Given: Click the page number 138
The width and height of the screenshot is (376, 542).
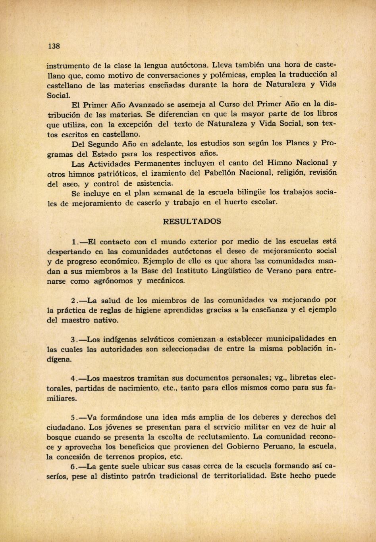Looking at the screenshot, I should click(x=54, y=46).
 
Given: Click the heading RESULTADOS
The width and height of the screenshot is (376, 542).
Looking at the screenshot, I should click(x=192, y=221).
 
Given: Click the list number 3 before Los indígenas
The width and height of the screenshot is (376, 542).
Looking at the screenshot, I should click(x=73, y=340).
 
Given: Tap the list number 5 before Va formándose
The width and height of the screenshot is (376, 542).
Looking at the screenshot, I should click(x=73, y=417).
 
